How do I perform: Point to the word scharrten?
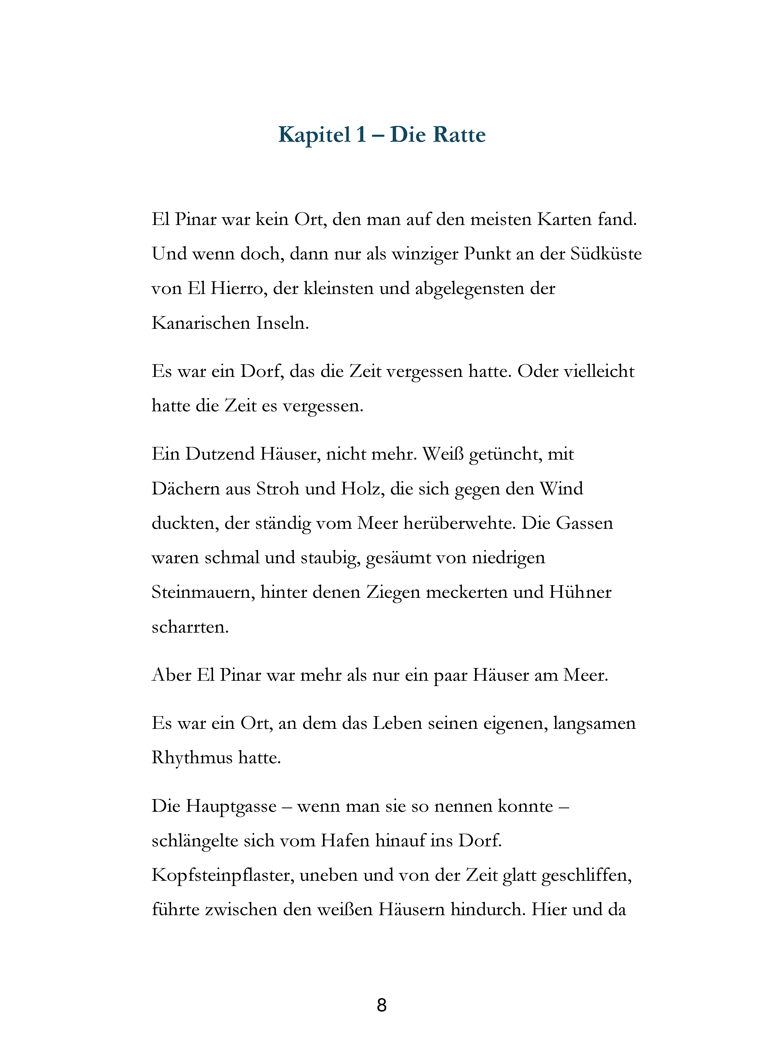pos(190,627)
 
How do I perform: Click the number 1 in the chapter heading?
pos(360,135)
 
